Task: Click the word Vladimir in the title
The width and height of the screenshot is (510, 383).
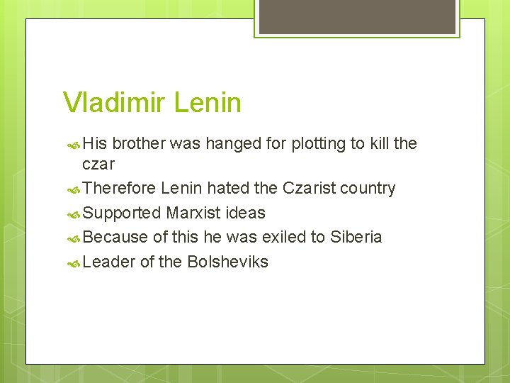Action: (114, 103)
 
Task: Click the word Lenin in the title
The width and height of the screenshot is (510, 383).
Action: (208, 103)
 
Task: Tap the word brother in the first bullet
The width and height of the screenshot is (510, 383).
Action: (139, 144)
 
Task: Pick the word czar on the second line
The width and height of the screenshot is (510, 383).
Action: (98, 165)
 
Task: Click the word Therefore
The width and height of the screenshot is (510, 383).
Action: (118, 189)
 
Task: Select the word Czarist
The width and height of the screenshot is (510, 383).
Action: (309, 189)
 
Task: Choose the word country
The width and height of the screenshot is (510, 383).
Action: (368, 189)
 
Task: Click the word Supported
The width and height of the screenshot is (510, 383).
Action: (121, 213)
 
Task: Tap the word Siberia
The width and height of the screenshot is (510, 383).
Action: (356, 237)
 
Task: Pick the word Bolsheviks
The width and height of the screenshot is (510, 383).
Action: (227, 262)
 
